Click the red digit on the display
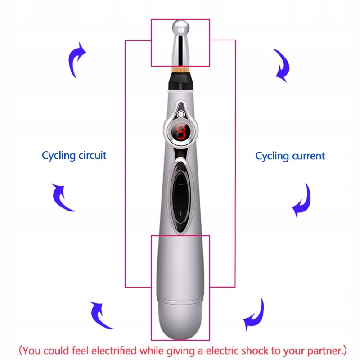tap(180, 132)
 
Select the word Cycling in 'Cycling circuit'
tap(58, 156)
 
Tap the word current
tap(307, 156)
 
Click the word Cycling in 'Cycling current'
tap(272, 156)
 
